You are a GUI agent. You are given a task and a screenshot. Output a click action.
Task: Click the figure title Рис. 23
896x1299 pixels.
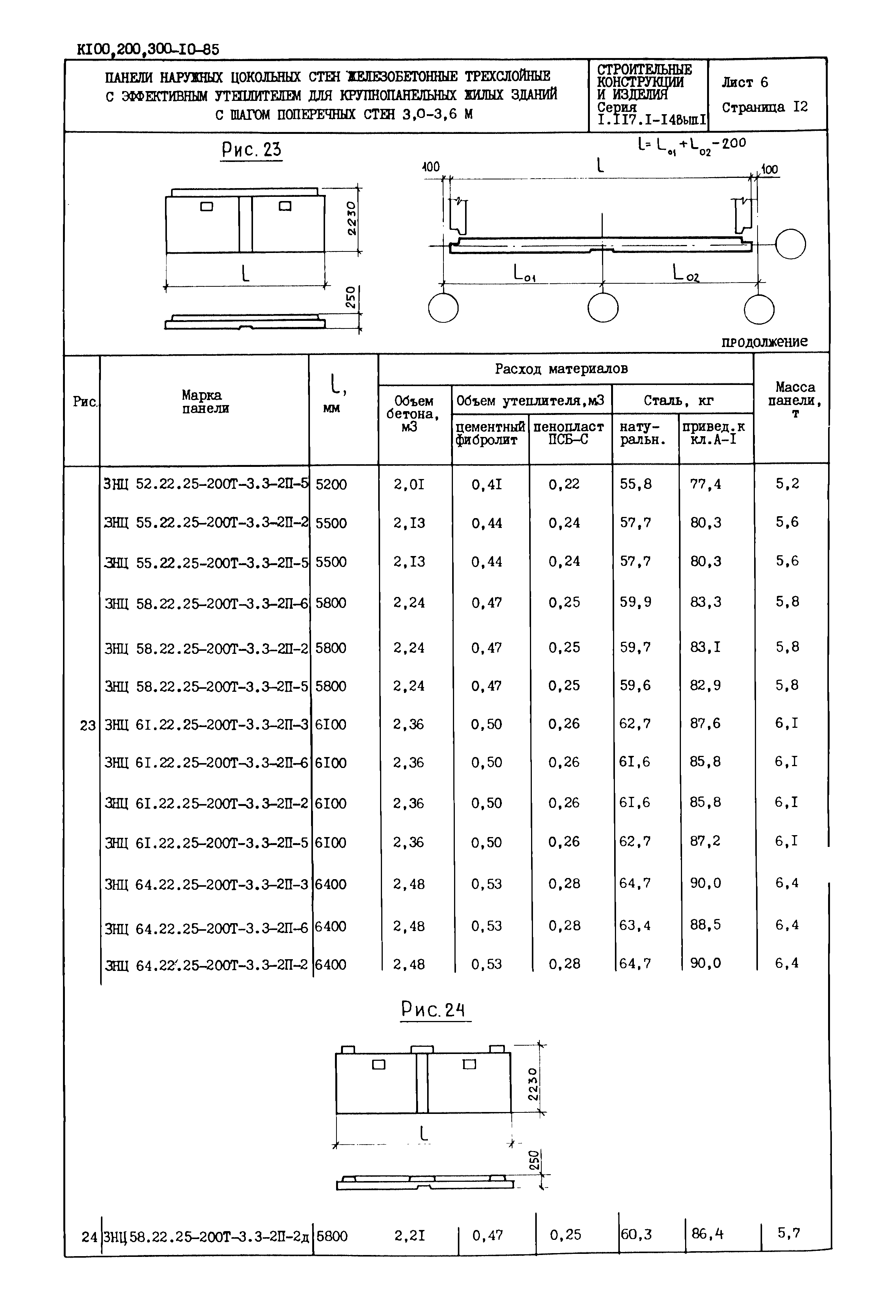click(x=251, y=149)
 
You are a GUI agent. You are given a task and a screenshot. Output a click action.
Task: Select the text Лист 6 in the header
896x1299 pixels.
click(x=744, y=83)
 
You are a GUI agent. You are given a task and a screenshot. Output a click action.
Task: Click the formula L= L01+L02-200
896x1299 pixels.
click(x=692, y=145)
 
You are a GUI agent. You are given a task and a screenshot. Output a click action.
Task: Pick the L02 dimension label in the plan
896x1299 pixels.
click(x=685, y=273)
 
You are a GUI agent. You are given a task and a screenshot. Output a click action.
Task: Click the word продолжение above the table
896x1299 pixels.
click(x=764, y=342)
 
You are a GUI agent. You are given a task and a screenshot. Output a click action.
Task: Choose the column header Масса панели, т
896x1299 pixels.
click(x=794, y=400)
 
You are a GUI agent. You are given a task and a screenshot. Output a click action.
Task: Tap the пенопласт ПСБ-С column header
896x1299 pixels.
click(x=568, y=433)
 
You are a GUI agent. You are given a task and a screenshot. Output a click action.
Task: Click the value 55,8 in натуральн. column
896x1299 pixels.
click(x=635, y=484)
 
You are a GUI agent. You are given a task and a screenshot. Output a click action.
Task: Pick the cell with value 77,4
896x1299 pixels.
click(x=705, y=484)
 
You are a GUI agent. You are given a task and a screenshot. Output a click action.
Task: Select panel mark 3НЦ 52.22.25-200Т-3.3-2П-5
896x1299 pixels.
click(x=206, y=484)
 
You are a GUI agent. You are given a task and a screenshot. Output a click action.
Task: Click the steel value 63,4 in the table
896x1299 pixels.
click(x=635, y=925)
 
